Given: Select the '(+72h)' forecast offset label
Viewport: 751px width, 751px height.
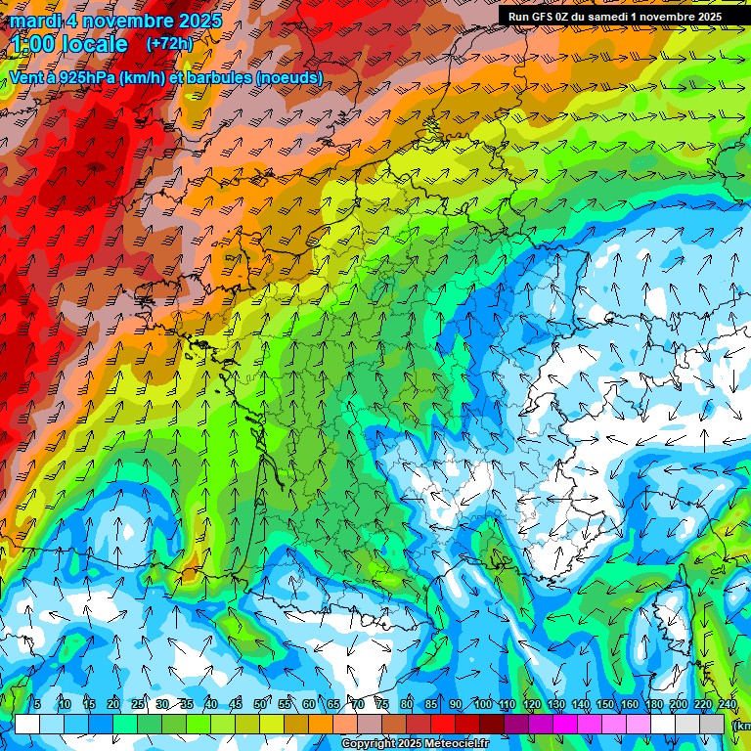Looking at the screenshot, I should click(x=169, y=44).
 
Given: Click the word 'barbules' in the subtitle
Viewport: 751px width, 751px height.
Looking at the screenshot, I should click(x=224, y=78).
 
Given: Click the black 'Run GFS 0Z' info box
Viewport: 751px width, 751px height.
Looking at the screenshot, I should click(x=615, y=16).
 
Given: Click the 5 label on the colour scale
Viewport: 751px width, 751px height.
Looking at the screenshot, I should click(x=37, y=705).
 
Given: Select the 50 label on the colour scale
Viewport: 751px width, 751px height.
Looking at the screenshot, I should click(x=260, y=705).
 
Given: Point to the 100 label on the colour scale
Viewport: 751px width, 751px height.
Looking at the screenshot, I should click(x=482, y=705).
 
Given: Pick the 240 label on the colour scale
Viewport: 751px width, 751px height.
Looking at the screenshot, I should click(x=728, y=705).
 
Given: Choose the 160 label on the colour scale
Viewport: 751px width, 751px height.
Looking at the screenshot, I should click(x=630, y=705).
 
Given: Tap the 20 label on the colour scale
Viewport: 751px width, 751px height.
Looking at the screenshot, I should click(x=113, y=705).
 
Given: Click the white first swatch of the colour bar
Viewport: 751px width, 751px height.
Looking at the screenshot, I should click(x=27, y=724).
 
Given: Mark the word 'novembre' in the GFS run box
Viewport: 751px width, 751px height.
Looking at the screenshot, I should click(x=674, y=16).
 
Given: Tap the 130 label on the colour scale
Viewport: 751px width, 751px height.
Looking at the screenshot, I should click(x=556, y=705).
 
